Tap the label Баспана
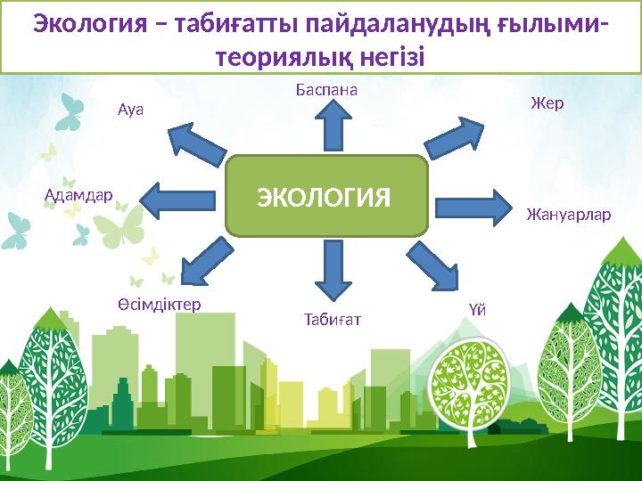point(326,90)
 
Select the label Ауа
point(130,111)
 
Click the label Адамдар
point(78,194)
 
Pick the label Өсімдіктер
point(159,304)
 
